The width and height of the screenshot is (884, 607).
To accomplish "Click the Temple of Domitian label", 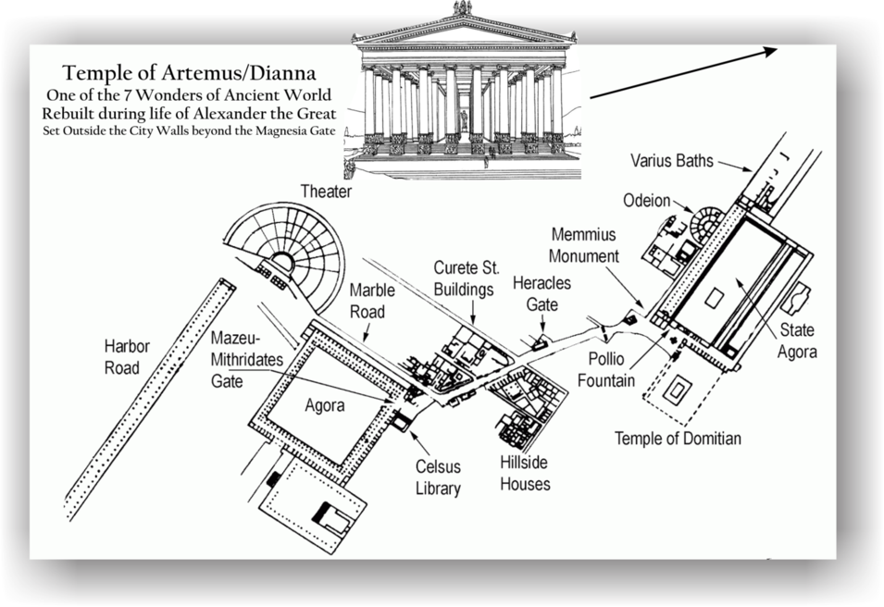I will click(x=678, y=439).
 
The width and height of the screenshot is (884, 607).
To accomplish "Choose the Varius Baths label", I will click(x=672, y=162).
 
